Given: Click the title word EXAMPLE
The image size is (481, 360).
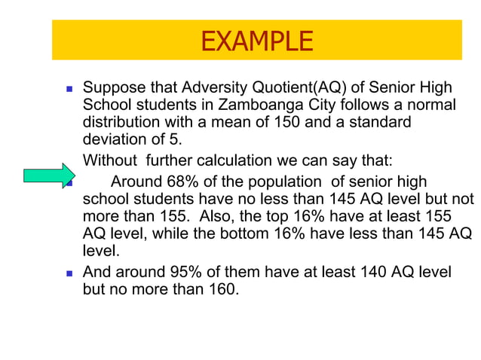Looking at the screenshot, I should pyautogui.click(x=256, y=41).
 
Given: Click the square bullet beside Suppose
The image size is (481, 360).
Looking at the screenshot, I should pyautogui.click(x=69, y=88).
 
